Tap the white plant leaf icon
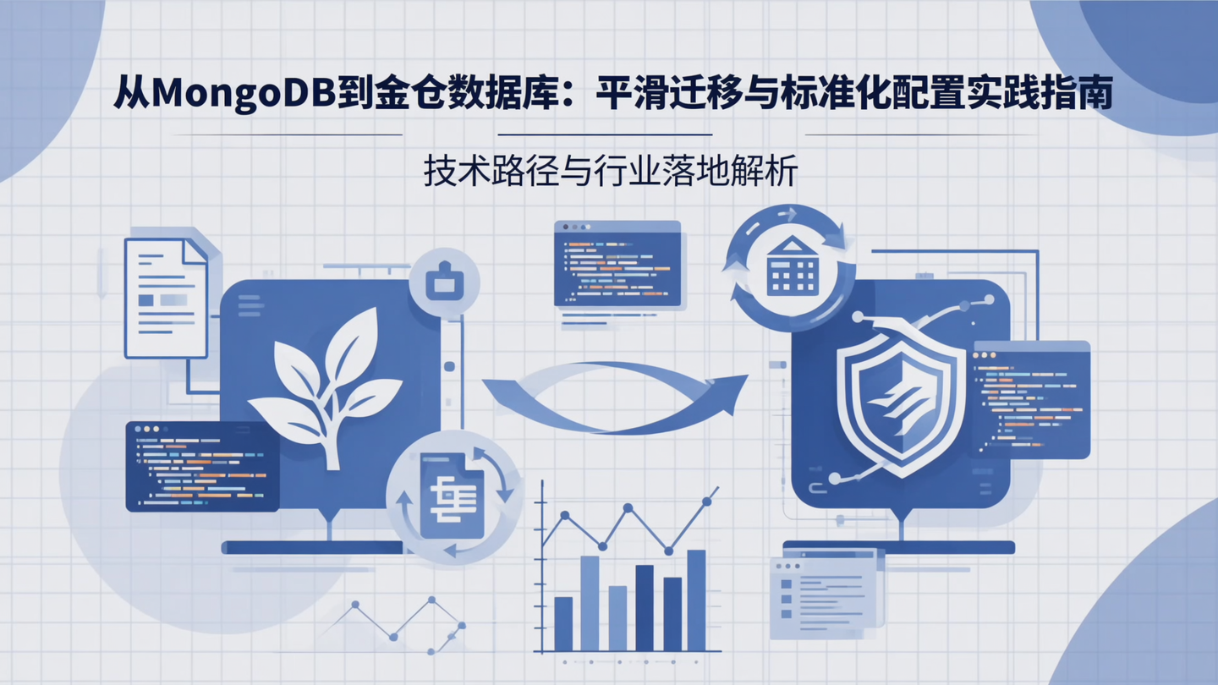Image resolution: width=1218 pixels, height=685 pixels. point(326,385)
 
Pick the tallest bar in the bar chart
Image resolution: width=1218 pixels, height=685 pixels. point(696,600)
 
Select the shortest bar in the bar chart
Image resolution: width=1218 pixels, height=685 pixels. point(563,623)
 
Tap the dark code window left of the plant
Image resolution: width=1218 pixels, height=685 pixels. point(202,466)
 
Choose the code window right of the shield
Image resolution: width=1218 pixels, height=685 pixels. point(1030,398)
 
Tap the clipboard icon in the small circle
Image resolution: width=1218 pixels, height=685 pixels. point(443,282)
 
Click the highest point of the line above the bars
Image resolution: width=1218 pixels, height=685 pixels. point(707,501)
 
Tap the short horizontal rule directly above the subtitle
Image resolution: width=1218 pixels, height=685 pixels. point(605,134)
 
